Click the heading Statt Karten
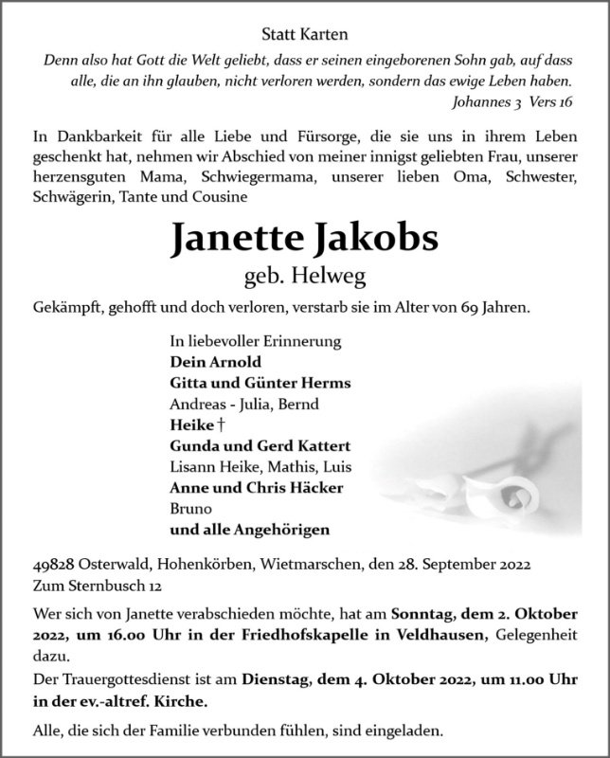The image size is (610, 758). tap(304, 35)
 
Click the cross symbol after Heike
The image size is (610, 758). tap(222, 425)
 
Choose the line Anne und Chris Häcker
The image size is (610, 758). tap(256, 488)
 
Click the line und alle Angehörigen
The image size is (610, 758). tap(250, 530)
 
